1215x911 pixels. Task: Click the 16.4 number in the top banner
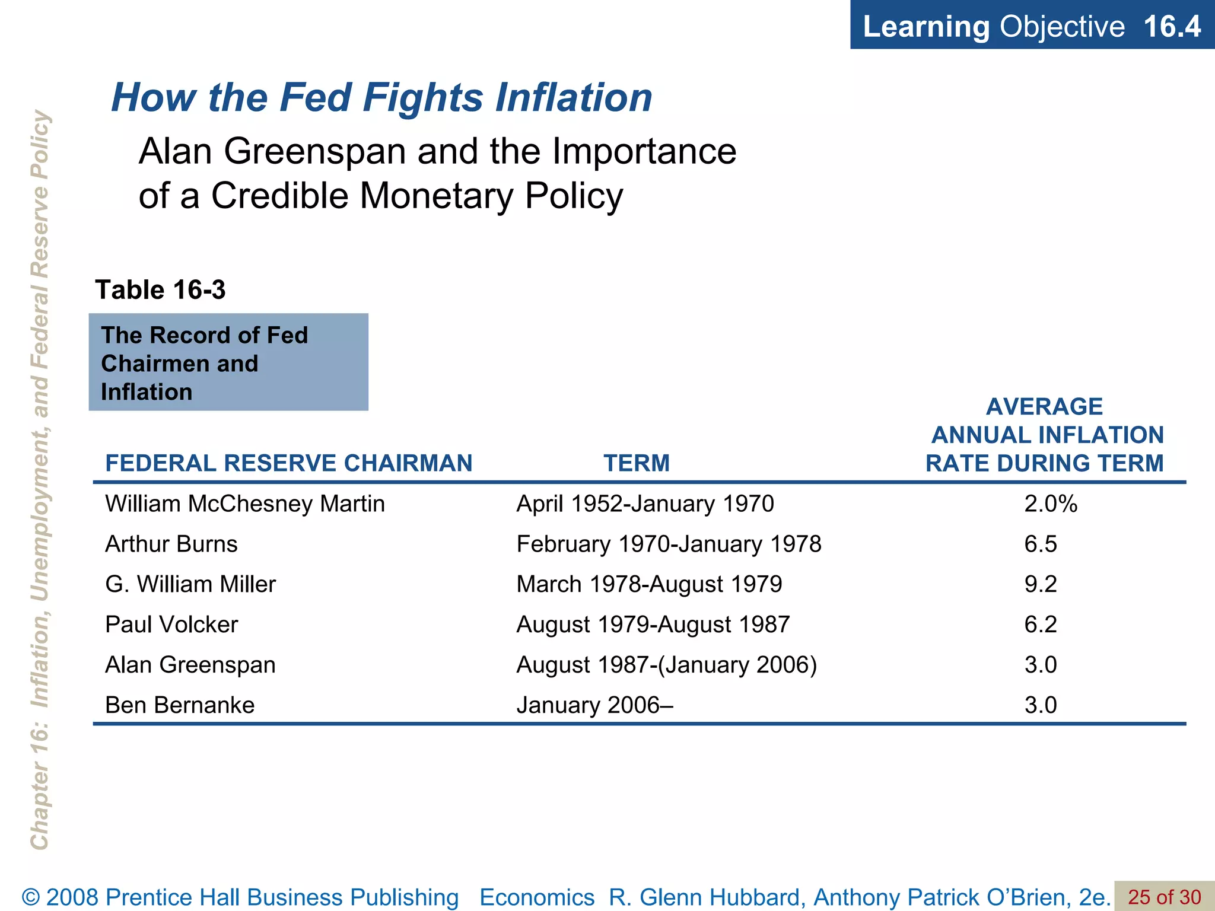click(x=1171, y=27)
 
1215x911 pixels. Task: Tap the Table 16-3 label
click(x=160, y=290)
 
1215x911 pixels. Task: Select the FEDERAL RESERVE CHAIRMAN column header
click(x=288, y=463)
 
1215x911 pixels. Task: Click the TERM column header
click(x=637, y=463)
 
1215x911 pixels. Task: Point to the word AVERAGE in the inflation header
click(x=1044, y=407)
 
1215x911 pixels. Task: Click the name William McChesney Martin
click(x=245, y=504)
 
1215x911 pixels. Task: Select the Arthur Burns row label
click(x=171, y=544)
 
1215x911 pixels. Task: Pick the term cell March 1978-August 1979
click(x=649, y=585)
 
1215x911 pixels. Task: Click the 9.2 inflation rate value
click(x=1040, y=585)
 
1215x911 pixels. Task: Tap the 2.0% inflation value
click(x=1050, y=504)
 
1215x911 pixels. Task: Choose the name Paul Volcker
click(x=171, y=625)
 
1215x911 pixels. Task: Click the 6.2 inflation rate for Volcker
click(x=1040, y=625)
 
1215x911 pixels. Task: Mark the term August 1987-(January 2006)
click(x=666, y=665)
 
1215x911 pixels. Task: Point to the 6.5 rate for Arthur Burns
click(x=1040, y=544)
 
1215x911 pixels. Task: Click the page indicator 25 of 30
click(x=1164, y=897)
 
